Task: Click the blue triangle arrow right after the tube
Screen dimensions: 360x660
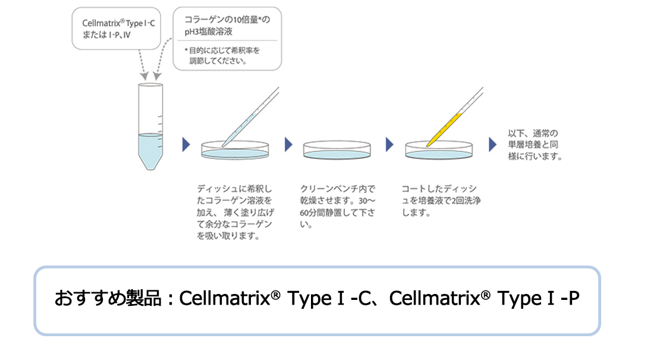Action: tap(186, 145)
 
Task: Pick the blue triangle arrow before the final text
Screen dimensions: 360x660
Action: tap(492, 145)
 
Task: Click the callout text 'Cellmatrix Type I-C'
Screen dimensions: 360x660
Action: tap(118, 23)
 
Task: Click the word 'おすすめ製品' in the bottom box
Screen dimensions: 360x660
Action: tap(108, 298)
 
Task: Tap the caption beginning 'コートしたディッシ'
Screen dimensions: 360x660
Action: tap(441, 201)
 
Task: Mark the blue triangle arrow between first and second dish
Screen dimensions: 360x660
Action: tap(288, 145)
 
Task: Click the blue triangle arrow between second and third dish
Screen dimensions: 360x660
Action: tap(389, 145)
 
